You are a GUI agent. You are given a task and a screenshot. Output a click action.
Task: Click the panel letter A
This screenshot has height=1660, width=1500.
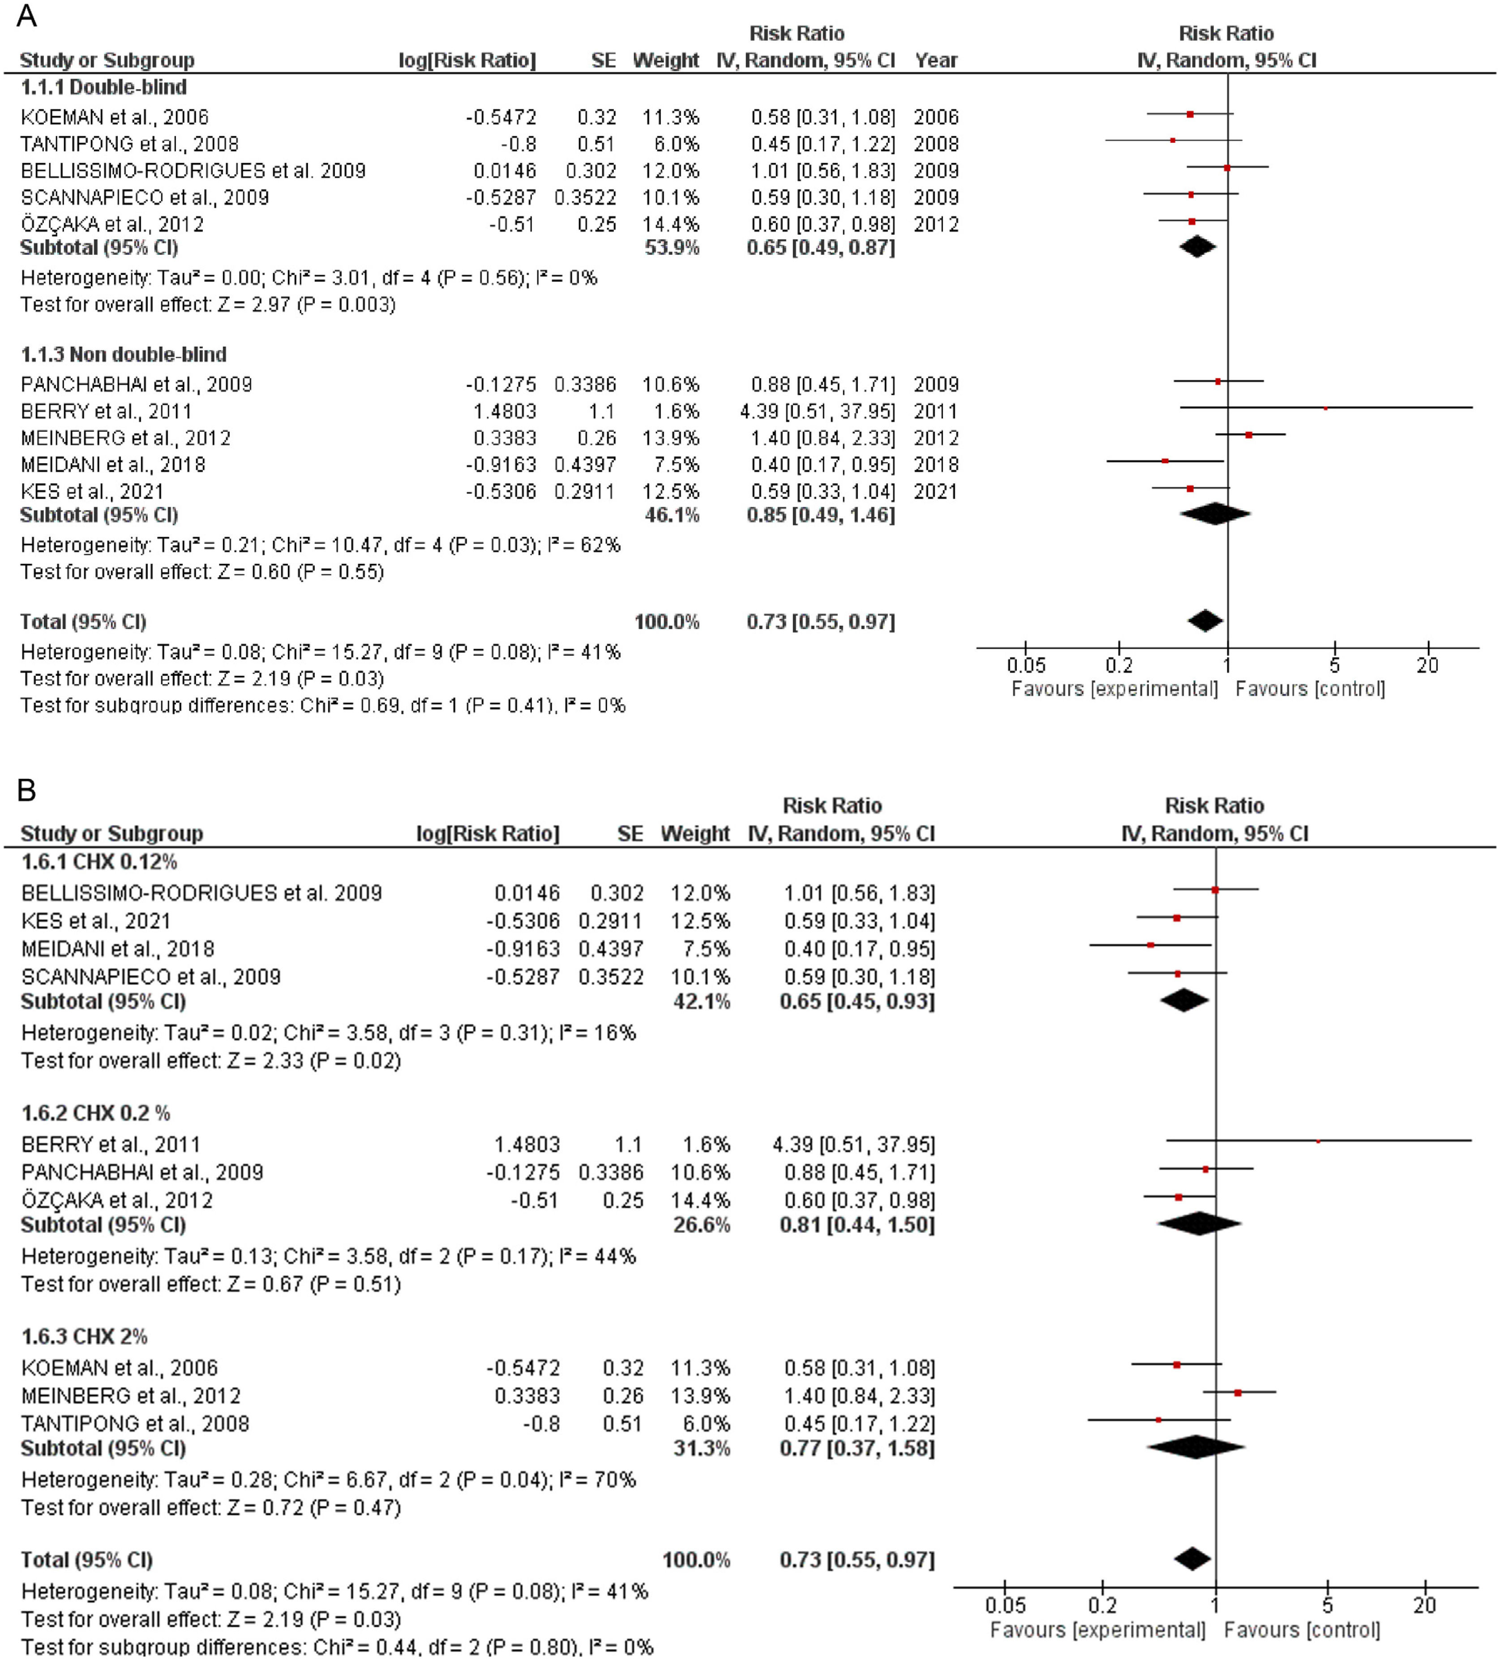pyautogui.click(x=26, y=16)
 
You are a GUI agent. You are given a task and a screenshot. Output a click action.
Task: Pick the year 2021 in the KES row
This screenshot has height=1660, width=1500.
pyautogui.click(x=936, y=491)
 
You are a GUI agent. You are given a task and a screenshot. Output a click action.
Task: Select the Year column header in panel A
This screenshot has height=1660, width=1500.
pyautogui.click(x=936, y=60)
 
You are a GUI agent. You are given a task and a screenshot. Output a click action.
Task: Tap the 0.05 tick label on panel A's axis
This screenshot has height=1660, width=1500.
pyautogui.click(x=1026, y=665)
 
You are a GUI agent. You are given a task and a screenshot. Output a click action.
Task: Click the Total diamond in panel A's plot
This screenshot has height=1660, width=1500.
pyautogui.click(x=1205, y=621)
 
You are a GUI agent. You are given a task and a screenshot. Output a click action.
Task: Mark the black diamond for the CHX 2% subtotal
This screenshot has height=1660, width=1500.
pyautogui.click(x=1196, y=1448)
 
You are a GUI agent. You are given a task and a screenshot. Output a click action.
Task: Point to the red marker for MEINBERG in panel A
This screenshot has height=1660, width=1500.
pyautogui.click(x=1249, y=435)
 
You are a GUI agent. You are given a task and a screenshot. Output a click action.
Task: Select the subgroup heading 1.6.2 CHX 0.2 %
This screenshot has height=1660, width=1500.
pyautogui.click(x=96, y=1113)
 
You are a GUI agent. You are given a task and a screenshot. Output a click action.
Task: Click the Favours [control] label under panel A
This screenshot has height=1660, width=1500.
pyautogui.click(x=1310, y=689)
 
